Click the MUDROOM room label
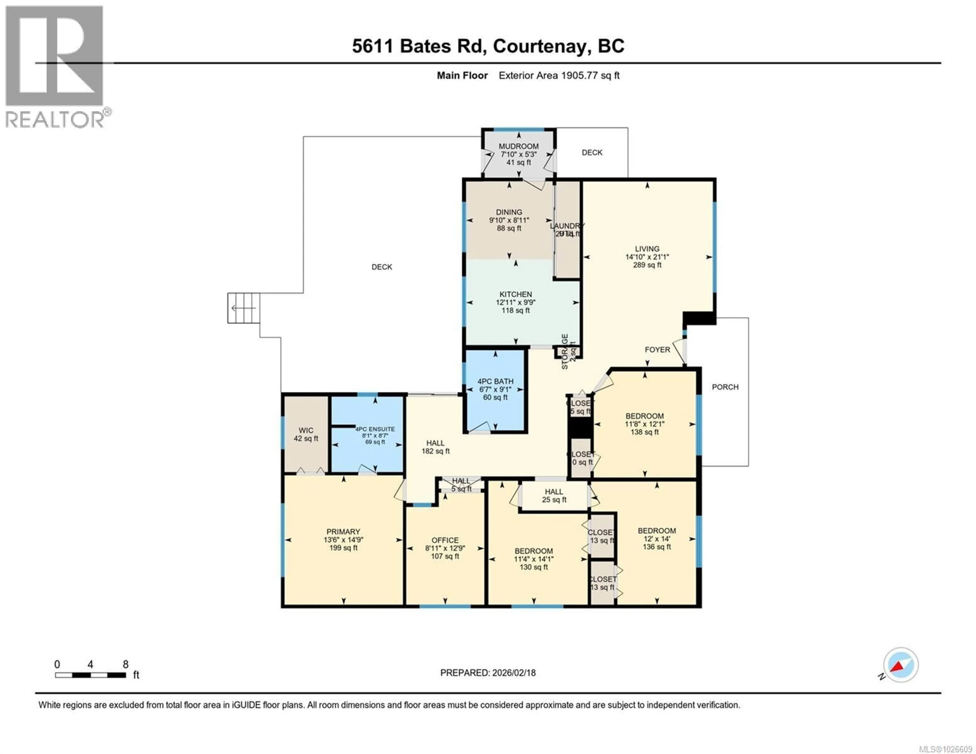(518, 146)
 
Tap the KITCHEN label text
(516, 294)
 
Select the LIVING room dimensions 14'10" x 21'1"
(647, 257)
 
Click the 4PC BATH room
(495, 389)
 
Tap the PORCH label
(725, 387)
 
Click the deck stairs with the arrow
(243, 308)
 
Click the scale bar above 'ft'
(90, 675)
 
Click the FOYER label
(657, 349)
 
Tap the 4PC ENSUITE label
(375, 429)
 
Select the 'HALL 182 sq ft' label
(435, 447)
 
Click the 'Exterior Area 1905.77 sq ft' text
(559, 75)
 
